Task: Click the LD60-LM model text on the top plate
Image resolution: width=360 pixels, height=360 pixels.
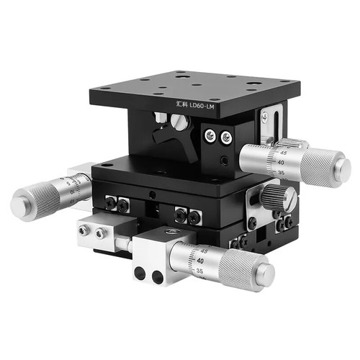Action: pos(204,107)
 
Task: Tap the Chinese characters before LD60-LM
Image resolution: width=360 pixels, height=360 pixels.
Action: pos(182,104)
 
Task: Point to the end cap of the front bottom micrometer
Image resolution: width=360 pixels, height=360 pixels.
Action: pos(267,273)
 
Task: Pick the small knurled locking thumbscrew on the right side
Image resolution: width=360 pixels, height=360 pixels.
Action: pos(276,196)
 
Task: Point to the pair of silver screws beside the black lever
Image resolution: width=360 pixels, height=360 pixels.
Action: pos(217,135)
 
